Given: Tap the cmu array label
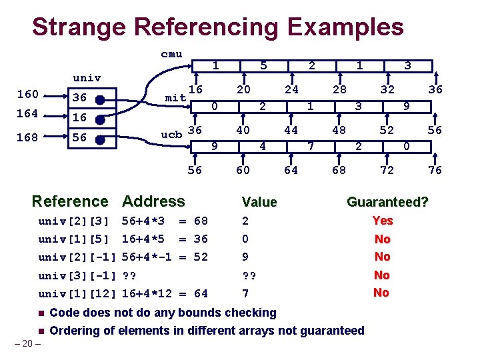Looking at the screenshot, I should tap(171, 54).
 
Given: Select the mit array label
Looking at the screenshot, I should tap(175, 98).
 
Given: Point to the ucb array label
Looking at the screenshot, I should tap(172, 133).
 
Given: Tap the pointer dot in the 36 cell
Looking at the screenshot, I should tap(99, 99).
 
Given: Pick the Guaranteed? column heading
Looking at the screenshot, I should tap(387, 201).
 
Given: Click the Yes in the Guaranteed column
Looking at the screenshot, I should tap(382, 221).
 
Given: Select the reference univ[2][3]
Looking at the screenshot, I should tap(73, 221).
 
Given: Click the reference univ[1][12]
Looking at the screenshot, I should tap(77, 293).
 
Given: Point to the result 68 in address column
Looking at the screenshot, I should tap(200, 221).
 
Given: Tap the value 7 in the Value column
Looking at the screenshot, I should tap(246, 293).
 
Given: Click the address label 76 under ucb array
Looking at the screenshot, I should tap(435, 170).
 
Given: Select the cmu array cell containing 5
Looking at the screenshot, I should tap(264, 65).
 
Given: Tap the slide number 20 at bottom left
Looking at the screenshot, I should tap(27, 344).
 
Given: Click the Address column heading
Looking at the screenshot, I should tap(154, 201).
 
